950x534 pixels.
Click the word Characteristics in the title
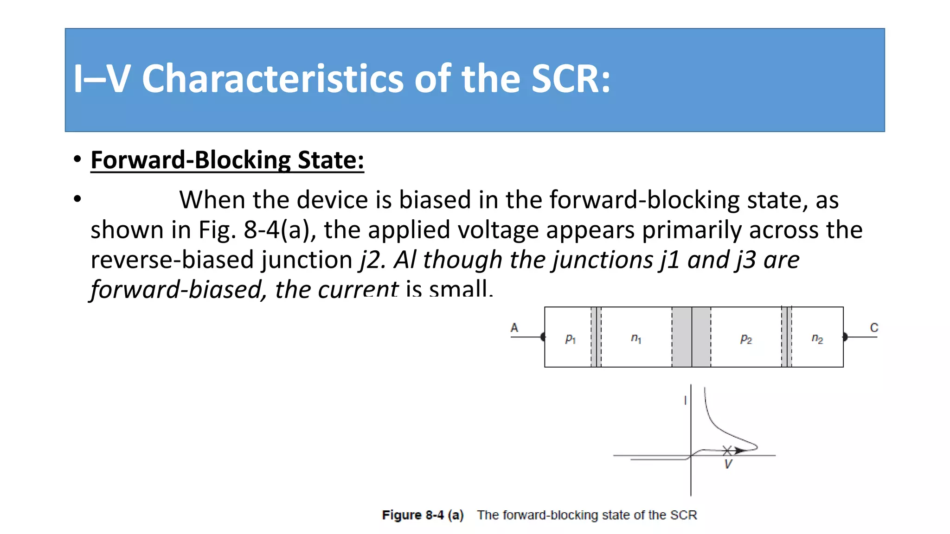[272, 79]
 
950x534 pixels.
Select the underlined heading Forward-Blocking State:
[227, 160]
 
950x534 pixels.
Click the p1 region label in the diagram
[570, 339]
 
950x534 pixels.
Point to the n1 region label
[636, 339]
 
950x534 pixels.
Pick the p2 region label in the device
[746, 339]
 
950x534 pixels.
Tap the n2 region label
[817, 339]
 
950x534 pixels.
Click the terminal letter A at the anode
[514, 328]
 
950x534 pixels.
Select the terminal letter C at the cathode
[874, 328]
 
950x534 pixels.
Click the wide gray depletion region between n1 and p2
[691, 337]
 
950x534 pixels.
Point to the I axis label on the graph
[685, 400]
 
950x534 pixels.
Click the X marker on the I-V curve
[727, 450]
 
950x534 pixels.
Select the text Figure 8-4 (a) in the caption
[423, 515]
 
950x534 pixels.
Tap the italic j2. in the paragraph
[373, 260]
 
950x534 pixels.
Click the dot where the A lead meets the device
[543, 337]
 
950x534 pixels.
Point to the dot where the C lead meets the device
[845, 337]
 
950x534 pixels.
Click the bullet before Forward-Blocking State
[77, 159]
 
